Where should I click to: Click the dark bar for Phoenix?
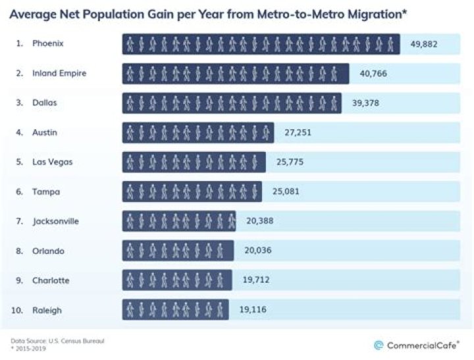click(261, 44)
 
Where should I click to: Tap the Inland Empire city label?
click(59, 73)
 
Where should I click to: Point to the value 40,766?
click(373, 73)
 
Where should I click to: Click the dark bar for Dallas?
click(232, 103)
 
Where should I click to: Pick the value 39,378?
click(365, 103)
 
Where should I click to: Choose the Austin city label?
click(45, 132)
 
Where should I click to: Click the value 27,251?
click(298, 132)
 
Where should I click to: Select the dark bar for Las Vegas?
click(194, 162)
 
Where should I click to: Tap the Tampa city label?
click(46, 192)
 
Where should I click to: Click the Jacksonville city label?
click(56, 221)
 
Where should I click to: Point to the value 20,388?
click(259, 221)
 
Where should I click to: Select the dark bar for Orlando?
click(178, 251)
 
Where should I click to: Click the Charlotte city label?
click(51, 280)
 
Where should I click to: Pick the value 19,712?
click(256, 280)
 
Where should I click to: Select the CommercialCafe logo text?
click(422, 345)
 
